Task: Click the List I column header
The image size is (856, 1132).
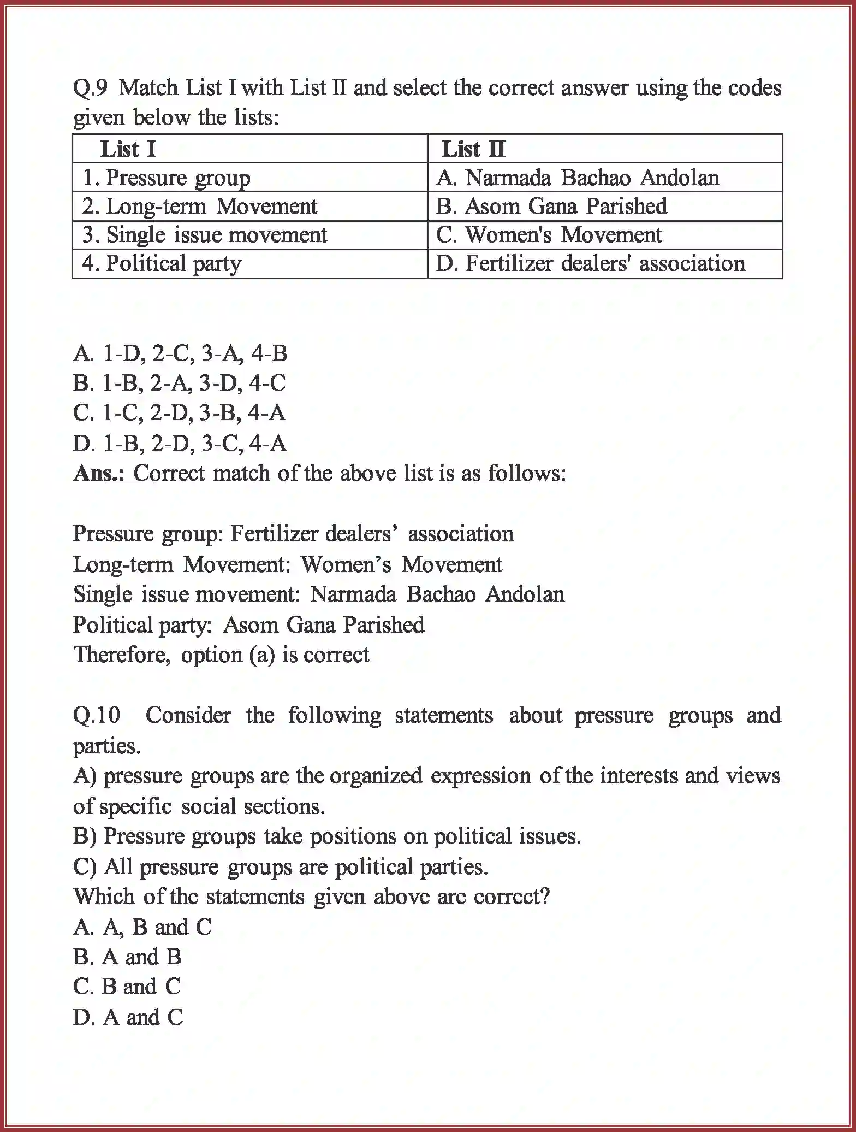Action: point(128,149)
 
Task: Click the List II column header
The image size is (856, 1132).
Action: point(473,149)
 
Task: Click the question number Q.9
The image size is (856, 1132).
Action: point(91,88)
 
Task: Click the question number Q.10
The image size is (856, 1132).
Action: point(97,715)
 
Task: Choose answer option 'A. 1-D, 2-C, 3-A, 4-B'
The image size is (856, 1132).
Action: point(180,353)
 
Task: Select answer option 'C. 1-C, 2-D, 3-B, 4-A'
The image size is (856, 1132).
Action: point(179,412)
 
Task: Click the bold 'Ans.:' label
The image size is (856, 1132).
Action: point(99,473)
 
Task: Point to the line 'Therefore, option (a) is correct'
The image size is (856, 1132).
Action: point(221,655)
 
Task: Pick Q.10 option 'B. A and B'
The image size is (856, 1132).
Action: point(127,957)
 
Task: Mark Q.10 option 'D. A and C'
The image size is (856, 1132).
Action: point(128,1017)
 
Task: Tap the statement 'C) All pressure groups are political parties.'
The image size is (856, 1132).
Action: point(280,866)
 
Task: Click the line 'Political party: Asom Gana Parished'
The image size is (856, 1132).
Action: point(248,624)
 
